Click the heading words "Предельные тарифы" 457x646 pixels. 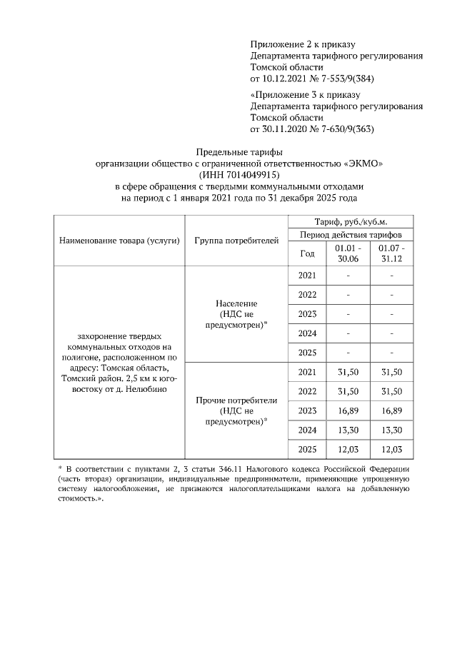(239, 151)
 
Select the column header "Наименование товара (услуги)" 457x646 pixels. (119, 240)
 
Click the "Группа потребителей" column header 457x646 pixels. (236, 240)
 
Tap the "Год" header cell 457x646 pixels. (307, 253)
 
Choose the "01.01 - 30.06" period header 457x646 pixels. (348, 253)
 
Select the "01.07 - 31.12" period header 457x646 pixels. (392, 253)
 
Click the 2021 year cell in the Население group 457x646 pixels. (307, 276)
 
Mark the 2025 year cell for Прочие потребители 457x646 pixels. (307, 449)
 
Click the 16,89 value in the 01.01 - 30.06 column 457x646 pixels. (348, 410)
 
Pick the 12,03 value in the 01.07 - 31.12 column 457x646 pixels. (392, 449)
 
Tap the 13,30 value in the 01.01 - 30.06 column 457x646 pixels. (348, 430)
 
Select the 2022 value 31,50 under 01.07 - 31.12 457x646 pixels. (392, 391)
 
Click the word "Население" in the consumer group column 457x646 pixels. (236, 303)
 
